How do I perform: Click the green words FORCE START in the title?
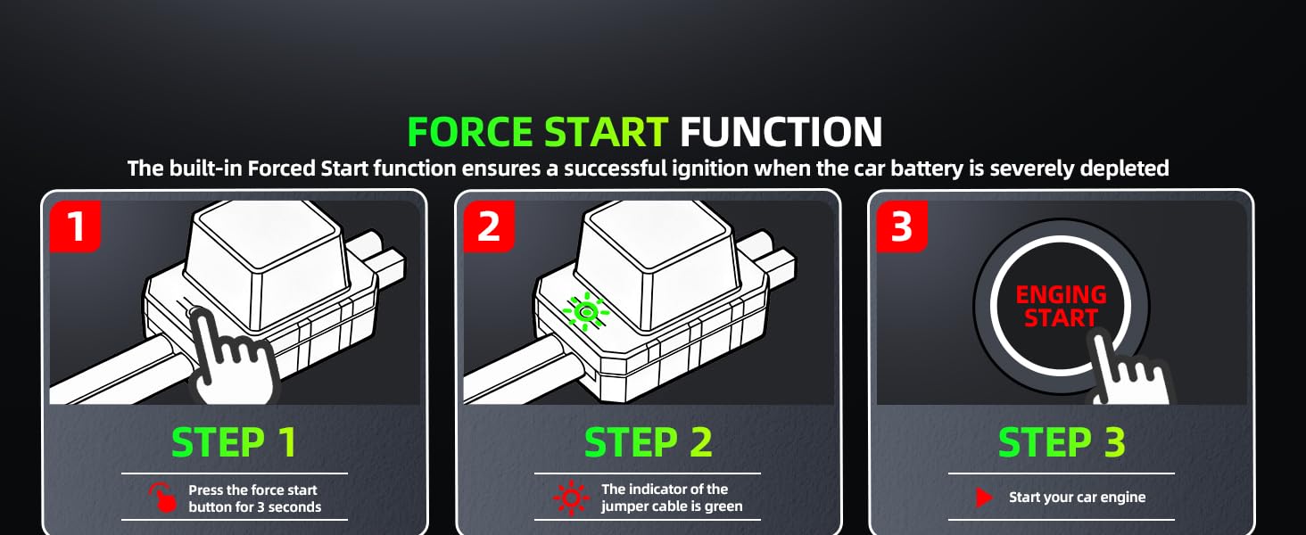point(537,132)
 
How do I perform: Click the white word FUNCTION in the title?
point(781,132)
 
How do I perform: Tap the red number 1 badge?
point(76,226)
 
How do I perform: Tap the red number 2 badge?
point(489,226)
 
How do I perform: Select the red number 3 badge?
point(902,226)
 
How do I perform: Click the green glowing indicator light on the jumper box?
point(586,311)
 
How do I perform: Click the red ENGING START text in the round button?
point(1061,306)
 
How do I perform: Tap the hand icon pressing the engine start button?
point(1128,370)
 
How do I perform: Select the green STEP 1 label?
point(234,443)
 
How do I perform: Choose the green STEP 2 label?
point(648,443)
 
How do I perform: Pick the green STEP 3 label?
point(1061,443)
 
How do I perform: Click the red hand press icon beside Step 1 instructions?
point(161,498)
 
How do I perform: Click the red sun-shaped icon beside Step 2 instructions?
point(570,498)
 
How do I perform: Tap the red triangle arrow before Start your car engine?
point(984,498)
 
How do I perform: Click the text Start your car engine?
point(1077,498)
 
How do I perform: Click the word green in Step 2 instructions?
point(723,506)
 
